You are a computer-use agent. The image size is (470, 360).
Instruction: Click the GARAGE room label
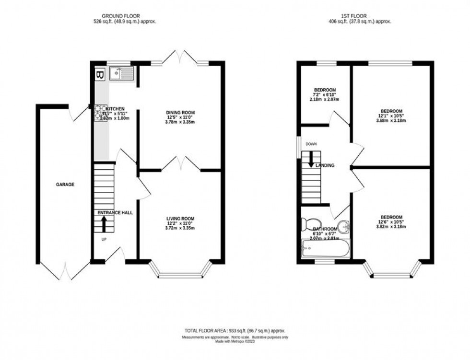tap(65, 184)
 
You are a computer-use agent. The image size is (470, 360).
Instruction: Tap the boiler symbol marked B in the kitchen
tap(100, 75)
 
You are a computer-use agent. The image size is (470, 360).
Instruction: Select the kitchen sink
tap(123, 73)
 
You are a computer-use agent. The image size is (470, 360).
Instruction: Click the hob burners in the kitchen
tap(100, 112)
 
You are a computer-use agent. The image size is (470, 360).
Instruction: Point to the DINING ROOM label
tap(181, 113)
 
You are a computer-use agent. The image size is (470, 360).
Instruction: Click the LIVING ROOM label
tap(181, 219)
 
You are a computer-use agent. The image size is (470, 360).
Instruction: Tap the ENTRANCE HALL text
tap(115, 212)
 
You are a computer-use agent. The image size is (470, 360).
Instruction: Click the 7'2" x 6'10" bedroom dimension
tap(325, 95)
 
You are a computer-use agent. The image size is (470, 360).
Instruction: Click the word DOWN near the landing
tap(311, 144)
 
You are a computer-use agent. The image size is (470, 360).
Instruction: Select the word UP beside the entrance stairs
tap(104, 239)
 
